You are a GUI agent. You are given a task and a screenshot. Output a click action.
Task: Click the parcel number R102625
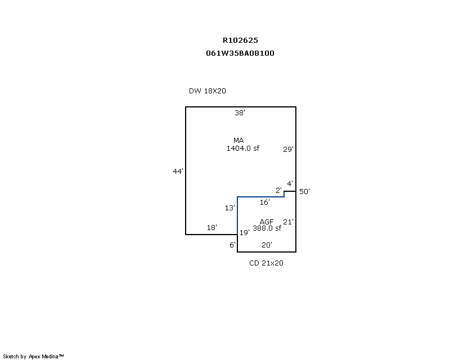(240, 40)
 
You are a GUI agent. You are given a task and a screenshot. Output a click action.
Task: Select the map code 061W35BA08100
(240, 53)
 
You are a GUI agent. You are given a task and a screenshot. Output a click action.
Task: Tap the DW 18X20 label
(207, 91)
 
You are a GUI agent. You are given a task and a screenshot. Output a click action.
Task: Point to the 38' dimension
(240, 112)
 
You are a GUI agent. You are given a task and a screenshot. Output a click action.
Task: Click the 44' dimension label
(178, 171)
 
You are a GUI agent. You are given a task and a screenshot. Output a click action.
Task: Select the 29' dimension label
(288, 149)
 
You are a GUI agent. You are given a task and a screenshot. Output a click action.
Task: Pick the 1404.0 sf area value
(243, 148)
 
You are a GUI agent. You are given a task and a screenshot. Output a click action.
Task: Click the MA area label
(238, 141)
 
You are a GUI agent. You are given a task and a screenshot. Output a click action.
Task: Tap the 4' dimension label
(290, 183)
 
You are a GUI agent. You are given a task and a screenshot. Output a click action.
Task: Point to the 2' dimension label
(278, 190)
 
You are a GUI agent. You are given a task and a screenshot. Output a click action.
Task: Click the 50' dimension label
(304, 191)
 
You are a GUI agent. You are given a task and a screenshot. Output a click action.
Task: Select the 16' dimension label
(264, 202)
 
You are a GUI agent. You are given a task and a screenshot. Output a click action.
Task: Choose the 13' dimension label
(229, 208)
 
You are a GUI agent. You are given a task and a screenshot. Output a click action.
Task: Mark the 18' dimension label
(212, 228)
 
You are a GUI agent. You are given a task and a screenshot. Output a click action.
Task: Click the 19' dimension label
(245, 232)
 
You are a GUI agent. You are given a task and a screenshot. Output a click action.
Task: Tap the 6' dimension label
(232, 245)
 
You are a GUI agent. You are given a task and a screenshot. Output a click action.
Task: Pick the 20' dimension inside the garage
(267, 245)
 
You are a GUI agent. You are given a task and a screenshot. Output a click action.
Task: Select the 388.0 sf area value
(267, 228)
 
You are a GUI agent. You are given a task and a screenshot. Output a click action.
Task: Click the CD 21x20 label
(266, 263)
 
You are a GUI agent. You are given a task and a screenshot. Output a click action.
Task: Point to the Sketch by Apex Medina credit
(33, 357)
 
